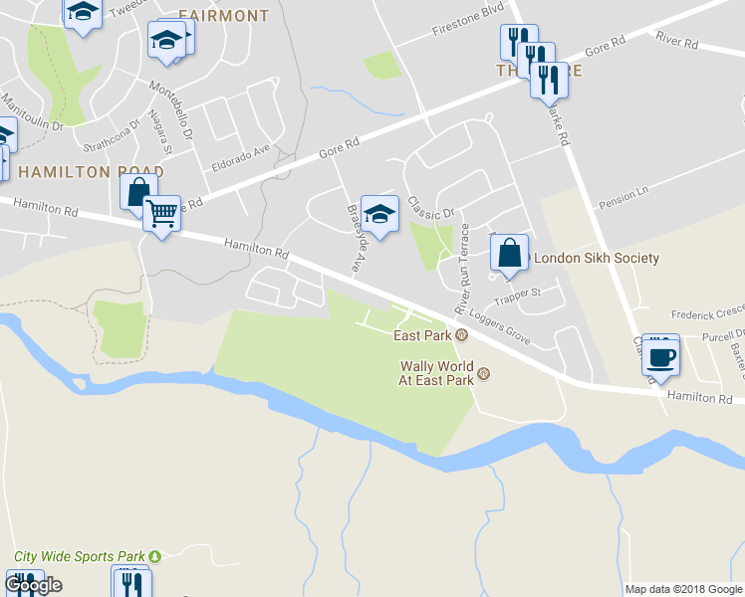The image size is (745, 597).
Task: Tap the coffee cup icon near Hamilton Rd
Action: (660, 355)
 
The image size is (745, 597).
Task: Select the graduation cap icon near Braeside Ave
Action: (379, 213)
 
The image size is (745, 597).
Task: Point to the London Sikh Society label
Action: (598, 259)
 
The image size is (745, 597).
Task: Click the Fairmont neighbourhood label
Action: (224, 16)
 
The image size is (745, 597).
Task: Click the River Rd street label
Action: (677, 41)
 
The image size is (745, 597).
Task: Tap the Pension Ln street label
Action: (622, 197)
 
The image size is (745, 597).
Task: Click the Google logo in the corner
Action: (33, 585)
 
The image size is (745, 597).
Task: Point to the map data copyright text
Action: (683, 589)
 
